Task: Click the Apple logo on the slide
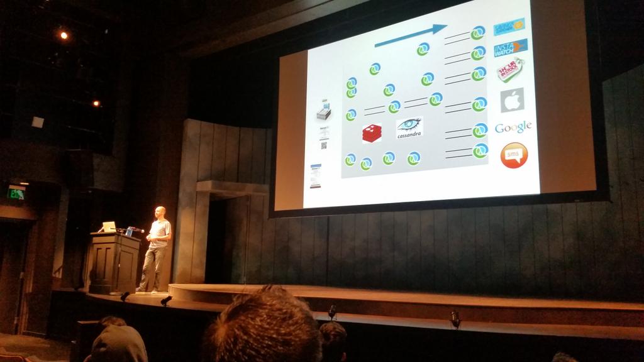point(512,100)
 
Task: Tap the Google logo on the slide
point(513,128)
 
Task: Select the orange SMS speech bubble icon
point(514,155)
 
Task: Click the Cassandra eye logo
point(409,128)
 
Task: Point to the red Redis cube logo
point(371,133)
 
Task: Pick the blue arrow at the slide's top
point(410,36)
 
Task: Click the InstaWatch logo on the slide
point(510,48)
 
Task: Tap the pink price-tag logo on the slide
point(510,71)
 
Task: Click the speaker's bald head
point(160,212)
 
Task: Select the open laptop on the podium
point(108,226)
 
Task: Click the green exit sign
point(16,193)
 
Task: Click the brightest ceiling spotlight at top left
point(64,35)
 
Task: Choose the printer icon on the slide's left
point(324,111)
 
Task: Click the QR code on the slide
point(324,145)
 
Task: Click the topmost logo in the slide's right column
point(509,26)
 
